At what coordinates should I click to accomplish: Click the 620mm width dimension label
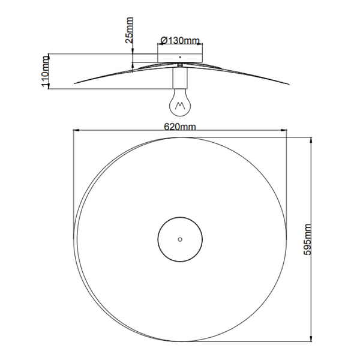179,126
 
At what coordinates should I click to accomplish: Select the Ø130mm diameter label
179,41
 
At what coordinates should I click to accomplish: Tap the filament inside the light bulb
179,106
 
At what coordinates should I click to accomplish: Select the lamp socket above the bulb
179,79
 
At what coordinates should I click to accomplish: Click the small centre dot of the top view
179,238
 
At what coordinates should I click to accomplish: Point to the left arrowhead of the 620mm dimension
75,131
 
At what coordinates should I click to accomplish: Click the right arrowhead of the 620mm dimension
285,131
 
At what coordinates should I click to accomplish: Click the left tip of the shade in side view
74,83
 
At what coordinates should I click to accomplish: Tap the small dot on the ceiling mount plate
179,58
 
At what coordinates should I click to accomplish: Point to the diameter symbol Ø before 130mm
163,41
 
